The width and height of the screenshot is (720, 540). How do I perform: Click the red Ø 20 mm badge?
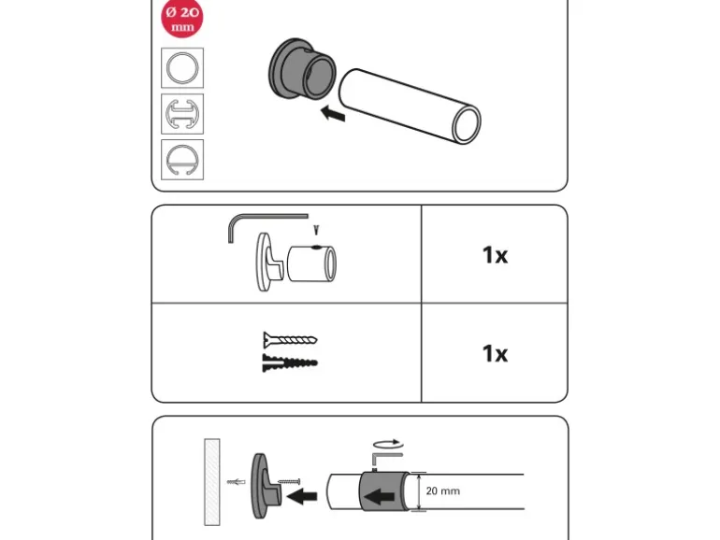pos(182,19)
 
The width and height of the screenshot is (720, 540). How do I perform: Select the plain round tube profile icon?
pos(182,68)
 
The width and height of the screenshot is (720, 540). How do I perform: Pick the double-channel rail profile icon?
pos(182,114)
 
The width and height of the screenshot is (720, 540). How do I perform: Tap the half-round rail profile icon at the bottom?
pos(182,160)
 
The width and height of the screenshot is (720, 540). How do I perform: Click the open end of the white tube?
pos(467,124)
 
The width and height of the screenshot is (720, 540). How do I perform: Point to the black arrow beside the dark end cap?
pos(333,113)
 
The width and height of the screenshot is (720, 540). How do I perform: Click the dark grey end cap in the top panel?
pos(302,69)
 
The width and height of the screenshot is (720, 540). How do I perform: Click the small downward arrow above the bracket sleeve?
pos(316,230)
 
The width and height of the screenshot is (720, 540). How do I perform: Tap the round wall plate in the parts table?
pos(263,262)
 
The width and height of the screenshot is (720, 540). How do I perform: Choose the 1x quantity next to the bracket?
pos(495,255)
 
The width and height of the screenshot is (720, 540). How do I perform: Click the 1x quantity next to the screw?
pos(495,354)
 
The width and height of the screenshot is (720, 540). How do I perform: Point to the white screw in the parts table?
pos(290,340)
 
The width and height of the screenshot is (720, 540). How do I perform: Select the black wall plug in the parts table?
pos(290,362)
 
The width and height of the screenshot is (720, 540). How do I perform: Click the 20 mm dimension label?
pos(442,490)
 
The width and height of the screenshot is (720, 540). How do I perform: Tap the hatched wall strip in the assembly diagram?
pos(211,482)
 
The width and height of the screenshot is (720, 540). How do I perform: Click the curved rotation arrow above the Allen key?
pos(388,444)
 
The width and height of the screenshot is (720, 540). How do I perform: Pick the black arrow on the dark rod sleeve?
pos(379,496)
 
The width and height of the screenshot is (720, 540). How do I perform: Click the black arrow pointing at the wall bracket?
pos(302,496)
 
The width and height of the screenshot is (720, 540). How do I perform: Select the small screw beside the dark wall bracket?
pos(289,482)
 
